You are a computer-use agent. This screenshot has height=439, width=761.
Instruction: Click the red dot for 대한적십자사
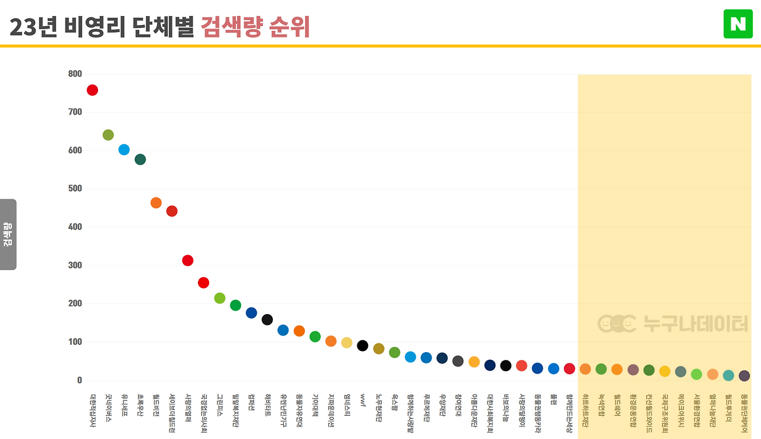click(x=92, y=90)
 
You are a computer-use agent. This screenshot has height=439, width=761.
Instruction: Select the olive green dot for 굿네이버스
click(x=108, y=135)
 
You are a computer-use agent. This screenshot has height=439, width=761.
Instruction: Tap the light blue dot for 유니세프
click(x=124, y=149)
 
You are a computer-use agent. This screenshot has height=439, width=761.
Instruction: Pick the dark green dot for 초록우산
click(x=140, y=159)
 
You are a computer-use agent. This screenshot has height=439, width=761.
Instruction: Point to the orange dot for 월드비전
click(x=156, y=203)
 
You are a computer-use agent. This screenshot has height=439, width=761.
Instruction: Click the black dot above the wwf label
click(x=363, y=346)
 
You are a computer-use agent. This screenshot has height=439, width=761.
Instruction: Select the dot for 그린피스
click(x=219, y=298)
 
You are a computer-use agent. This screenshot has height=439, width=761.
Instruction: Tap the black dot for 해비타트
click(x=267, y=319)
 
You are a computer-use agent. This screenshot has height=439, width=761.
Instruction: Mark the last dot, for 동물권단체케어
click(x=744, y=376)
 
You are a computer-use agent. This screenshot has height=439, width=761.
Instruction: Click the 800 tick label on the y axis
click(x=75, y=74)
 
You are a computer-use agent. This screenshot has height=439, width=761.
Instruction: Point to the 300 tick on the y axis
click(x=75, y=265)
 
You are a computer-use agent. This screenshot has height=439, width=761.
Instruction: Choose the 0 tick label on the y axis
click(x=79, y=380)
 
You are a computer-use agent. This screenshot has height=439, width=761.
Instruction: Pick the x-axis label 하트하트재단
click(x=585, y=410)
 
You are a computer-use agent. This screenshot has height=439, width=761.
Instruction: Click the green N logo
click(x=738, y=24)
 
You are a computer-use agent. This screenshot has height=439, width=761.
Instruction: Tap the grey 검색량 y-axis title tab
click(x=8, y=234)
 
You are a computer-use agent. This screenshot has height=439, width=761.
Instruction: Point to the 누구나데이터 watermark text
click(x=696, y=324)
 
